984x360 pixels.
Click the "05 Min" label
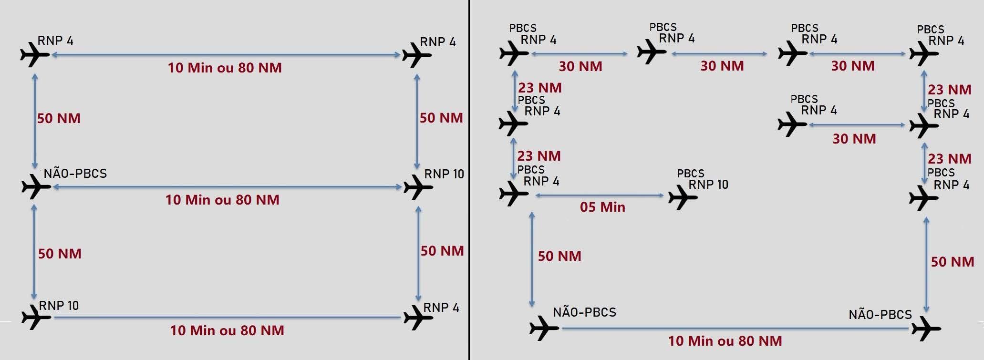point(602,207)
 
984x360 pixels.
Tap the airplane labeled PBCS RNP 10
point(683,196)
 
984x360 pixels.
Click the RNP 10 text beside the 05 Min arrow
point(708,185)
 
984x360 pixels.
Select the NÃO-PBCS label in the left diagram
point(75,174)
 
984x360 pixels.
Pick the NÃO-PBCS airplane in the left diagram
point(36,186)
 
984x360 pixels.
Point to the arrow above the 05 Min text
point(600,195)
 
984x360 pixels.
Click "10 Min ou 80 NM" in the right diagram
point(725,341)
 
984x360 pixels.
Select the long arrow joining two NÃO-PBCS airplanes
point(735,328)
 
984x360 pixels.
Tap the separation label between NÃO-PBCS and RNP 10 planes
point(222,199)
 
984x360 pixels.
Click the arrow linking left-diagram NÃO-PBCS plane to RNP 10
point(227,187)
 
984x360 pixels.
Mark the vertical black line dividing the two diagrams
point(469,180)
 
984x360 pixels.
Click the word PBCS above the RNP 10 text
point(690,174)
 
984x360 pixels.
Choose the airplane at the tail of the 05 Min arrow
point(513,194)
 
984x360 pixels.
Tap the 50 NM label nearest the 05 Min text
point(559,256)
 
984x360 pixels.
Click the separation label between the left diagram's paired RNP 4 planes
point(225,68)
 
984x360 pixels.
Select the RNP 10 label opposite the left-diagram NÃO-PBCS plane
point(444,174)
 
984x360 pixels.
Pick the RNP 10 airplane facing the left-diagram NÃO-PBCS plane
point(417,187)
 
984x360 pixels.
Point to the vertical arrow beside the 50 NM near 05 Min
point(532,259)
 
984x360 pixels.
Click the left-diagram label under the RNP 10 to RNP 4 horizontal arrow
point(227,330)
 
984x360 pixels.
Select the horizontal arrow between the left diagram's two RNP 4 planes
point(226,55)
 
